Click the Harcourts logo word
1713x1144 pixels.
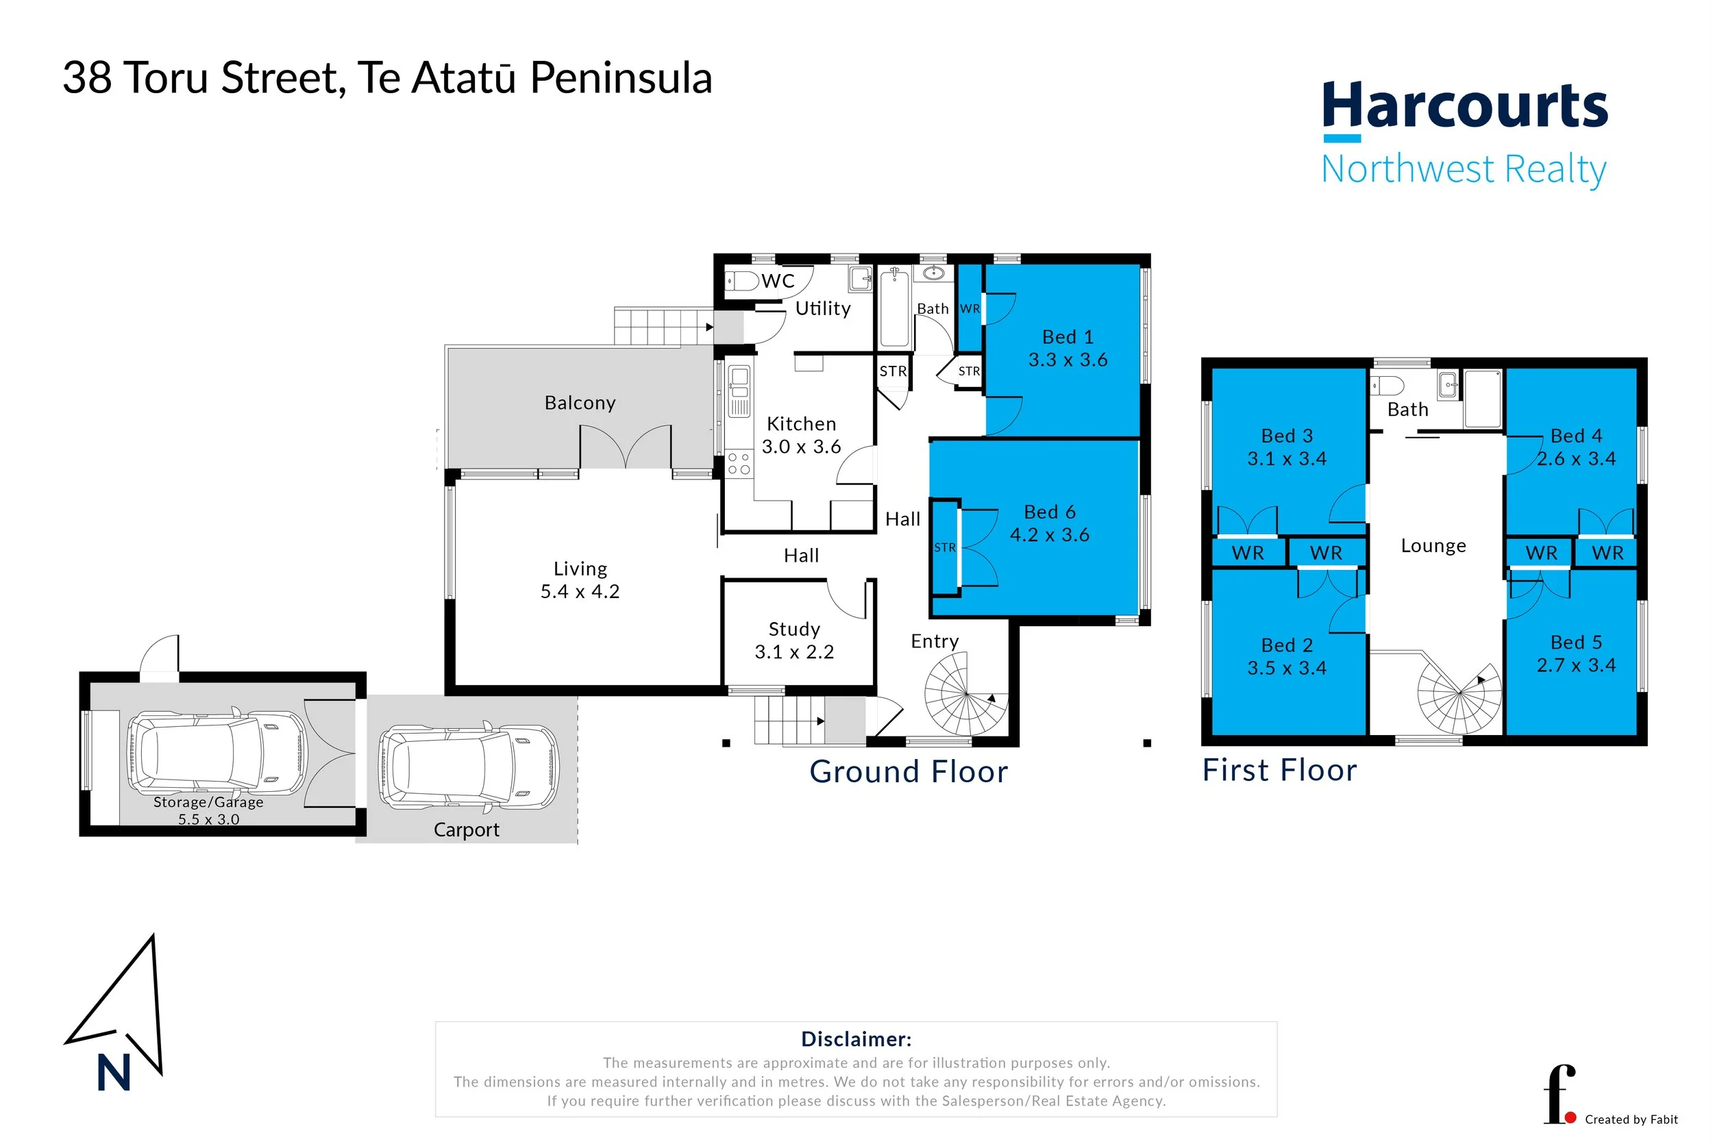tap(1464, 106)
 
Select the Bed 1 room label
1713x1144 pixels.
tap(1068, 336)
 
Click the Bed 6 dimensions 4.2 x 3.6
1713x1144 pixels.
tap(1049, 535)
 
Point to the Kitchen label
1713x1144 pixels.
tap(801, 424)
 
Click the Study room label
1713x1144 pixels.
tap(793, 629)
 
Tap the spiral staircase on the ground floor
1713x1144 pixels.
tap(965, 693)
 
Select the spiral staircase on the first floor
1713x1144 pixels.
tap(1459, 697)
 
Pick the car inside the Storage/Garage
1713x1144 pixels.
tap(217, 751)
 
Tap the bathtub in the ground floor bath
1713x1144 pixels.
tap(894, 308)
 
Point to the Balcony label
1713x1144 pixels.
tap(580, 403)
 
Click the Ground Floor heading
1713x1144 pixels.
tap(909, 772)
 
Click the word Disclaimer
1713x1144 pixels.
tap(856, 1039)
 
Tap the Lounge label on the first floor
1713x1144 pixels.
tap(1433, 546)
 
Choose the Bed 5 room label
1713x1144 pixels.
tap(1576, 642)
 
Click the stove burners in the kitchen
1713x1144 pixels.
tap(739, 464)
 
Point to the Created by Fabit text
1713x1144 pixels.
tap(1631, 1119)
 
